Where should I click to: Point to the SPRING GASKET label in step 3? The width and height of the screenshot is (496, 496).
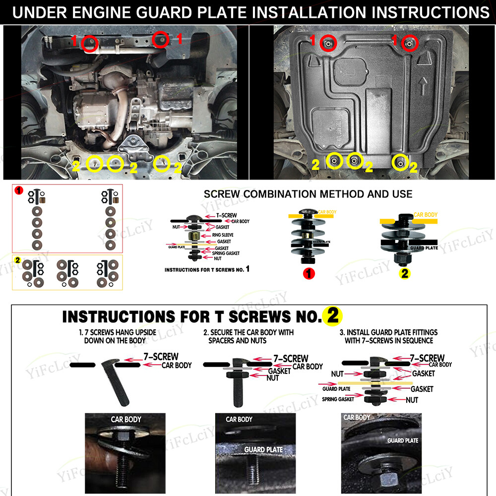coord(338,399)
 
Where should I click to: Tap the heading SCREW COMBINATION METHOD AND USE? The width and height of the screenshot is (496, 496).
coord(308,193)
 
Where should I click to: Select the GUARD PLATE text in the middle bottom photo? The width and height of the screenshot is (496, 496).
coord(263,449)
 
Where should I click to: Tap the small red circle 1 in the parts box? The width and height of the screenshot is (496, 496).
coord(18,190)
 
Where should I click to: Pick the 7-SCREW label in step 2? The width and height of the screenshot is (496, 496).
coord(291,358)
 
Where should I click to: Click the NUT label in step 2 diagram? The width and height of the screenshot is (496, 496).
coord(272,378)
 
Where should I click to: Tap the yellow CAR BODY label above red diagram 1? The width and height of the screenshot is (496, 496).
coord(327,212)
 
